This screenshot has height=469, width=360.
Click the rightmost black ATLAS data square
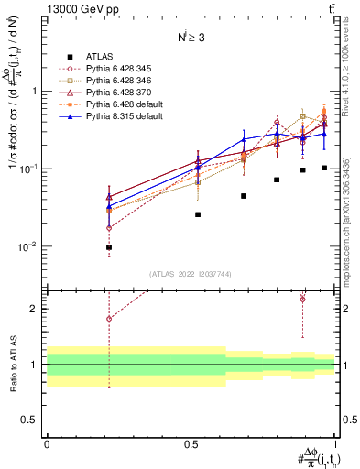[324, 168]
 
